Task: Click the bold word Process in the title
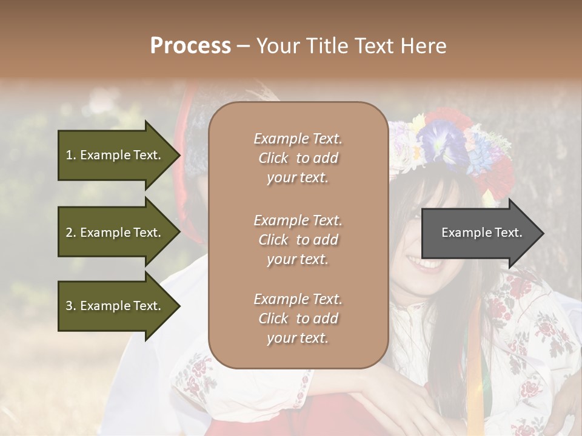(x=190, y=46)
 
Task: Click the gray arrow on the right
(x=479, y=233)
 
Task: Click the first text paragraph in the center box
(x=298, y=158)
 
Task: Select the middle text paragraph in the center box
(x=298, y=240)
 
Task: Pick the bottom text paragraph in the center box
(x=298, y=319)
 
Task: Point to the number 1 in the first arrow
(x=69, y=155)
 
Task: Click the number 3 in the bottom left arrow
(x=69, y=306)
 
